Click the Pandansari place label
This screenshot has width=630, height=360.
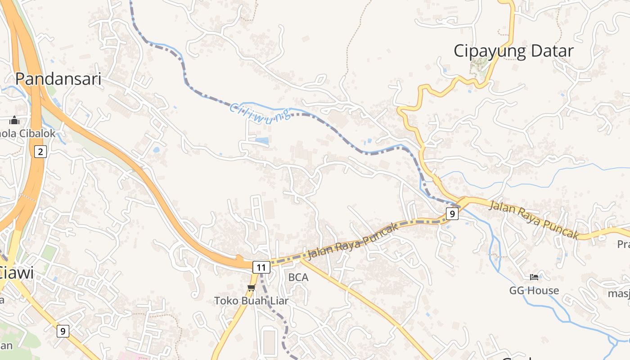click(58, 78)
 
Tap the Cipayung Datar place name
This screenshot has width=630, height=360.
click(513, 51)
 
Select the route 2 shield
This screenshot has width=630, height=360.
click(40, 152)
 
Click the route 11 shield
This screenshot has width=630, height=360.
click(261, 267)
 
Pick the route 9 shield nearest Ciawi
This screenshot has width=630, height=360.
click(63, 332)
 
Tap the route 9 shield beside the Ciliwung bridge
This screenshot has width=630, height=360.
click(452, 213)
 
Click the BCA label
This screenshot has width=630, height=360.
click(298, 278)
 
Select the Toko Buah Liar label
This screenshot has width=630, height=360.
click(251, 301)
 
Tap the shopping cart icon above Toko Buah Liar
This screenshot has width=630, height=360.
click(251, 288)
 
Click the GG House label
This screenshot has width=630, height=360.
click(534, 291)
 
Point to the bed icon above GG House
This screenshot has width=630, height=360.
click(534, 277)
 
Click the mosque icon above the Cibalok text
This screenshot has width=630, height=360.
click(14, 120)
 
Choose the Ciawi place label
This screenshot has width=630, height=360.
click(17, 273)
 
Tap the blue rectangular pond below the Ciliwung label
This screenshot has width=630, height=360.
click(262, 141)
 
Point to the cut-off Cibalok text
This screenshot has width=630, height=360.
click(28, 134)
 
